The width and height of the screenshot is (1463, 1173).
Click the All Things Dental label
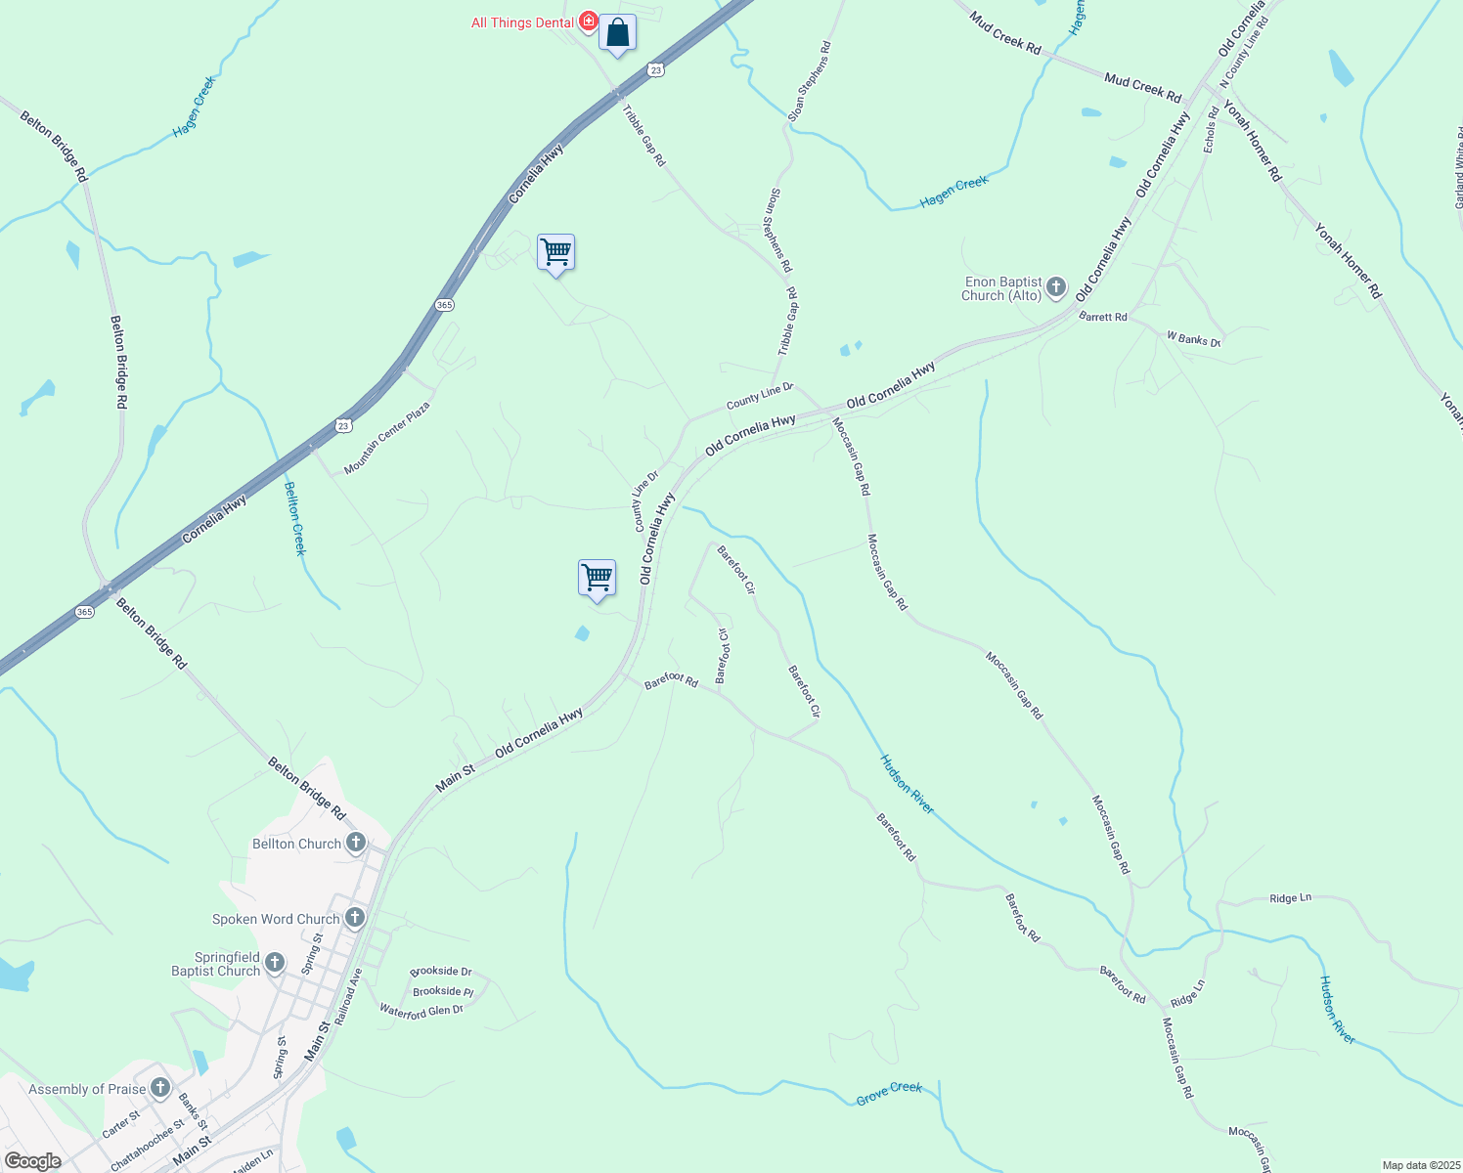(x=522, y=22)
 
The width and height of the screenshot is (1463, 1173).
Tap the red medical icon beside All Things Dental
(x=588, y=21)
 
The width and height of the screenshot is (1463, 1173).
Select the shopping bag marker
(x=617, y=33)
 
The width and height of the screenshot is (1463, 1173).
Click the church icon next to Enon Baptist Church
(x=1056, y=287)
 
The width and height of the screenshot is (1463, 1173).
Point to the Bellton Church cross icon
(x=355, y=842)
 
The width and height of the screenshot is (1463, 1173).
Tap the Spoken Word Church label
(x=276, y=919)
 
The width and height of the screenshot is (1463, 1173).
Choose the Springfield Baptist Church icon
(x=275, y=963)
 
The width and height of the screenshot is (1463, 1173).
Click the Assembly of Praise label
(x=87, y=1089)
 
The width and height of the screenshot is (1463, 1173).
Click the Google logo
(x=31, y=1161)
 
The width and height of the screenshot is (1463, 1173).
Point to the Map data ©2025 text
(x=1420, y=1165)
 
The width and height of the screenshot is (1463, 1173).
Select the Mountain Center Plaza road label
(x=387, y=438)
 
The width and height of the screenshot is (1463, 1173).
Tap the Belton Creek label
(x=295, y=518)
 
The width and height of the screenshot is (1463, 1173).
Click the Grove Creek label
(x=889, y=1093)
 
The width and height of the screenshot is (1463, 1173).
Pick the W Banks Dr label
(x=1193, y=339)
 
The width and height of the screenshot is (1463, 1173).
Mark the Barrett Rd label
(x=1103, y=317)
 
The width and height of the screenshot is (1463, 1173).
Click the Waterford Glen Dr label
(x=421, y=1012)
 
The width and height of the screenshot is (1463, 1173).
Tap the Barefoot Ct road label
(x=723, y=656)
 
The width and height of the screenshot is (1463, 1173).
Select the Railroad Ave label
(x=348, y=996)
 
